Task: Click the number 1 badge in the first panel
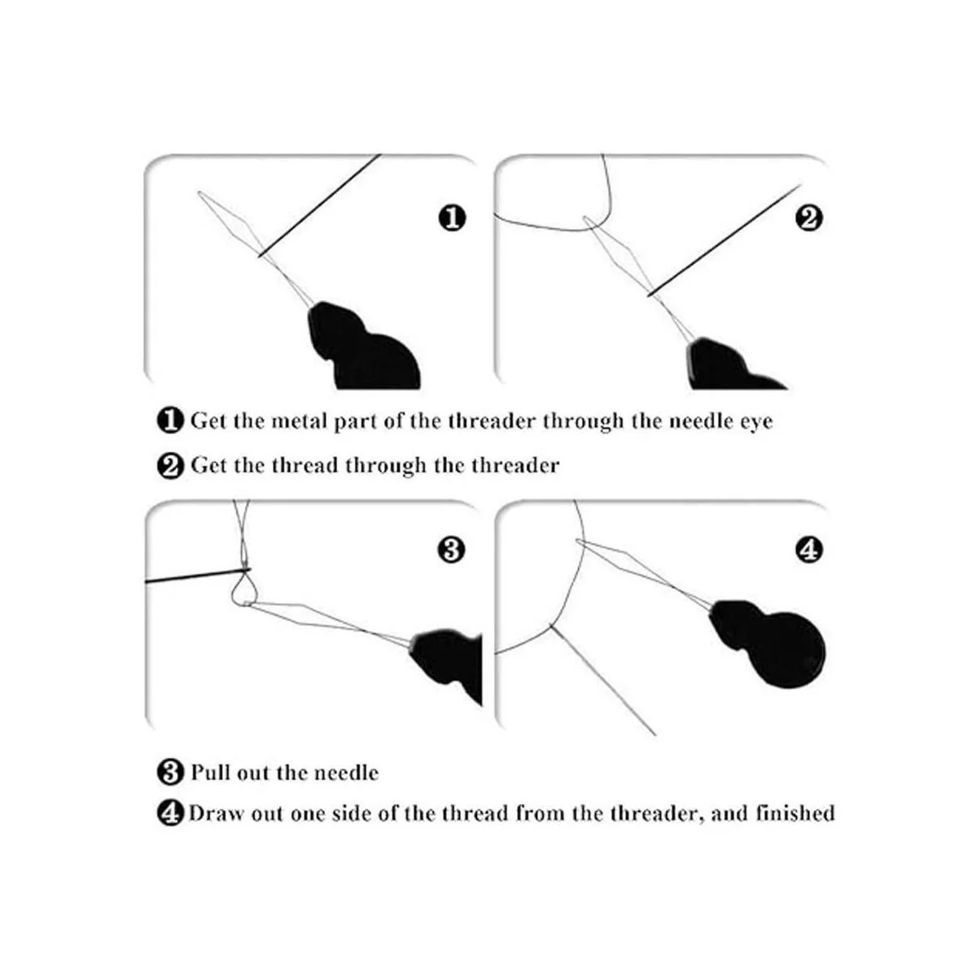click(452, 218)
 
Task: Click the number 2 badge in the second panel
click(809, 218)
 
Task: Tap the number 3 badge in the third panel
click(451, 550)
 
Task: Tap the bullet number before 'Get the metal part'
click(169, 422)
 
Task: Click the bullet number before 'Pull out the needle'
click(169, 772)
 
